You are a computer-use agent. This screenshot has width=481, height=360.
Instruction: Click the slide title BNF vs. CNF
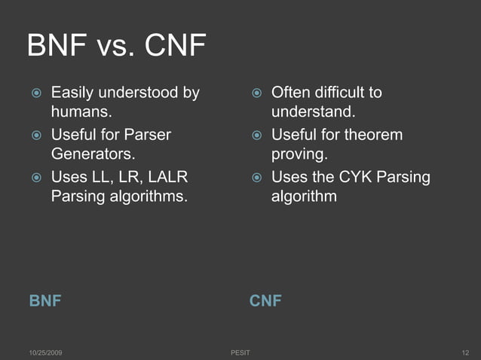116,47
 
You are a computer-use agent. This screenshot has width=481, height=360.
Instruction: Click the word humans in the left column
80,113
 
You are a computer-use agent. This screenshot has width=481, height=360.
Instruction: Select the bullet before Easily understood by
35,94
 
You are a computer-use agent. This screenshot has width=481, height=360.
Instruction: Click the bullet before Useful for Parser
35,136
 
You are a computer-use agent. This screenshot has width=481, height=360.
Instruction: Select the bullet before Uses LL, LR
35,178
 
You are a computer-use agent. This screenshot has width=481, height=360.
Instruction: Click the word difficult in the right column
339,93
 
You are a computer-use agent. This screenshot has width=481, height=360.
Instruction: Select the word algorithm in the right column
304,197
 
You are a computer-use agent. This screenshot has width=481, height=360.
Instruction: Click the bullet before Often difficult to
256,94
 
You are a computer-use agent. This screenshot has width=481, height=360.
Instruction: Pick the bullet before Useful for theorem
256,136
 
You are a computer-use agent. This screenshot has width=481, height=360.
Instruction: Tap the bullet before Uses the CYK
256,178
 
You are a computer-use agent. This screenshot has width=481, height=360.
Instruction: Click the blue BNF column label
44,301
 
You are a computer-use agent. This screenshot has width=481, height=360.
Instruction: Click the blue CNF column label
265,301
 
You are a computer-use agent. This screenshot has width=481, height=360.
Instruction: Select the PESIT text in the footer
240,352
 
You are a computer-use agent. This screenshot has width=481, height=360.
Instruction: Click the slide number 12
465,352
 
